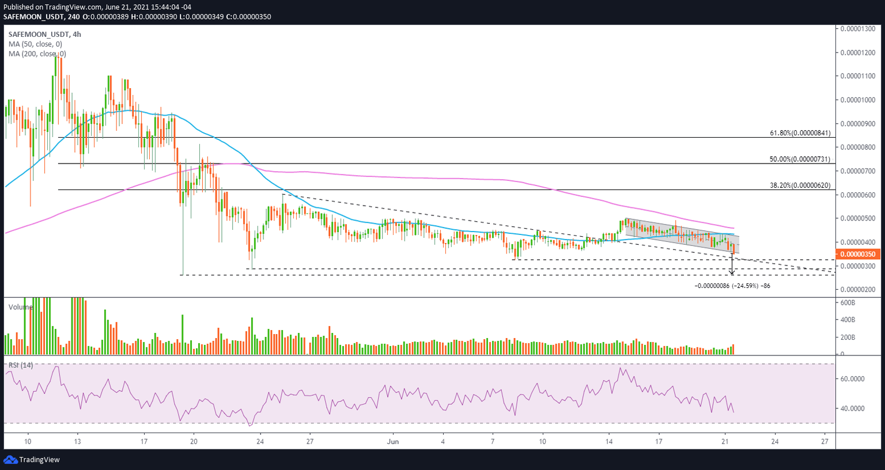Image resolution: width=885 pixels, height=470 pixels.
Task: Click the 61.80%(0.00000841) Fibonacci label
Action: pos(800,133)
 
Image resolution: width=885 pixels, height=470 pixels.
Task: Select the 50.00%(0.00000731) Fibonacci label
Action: pos(800,159)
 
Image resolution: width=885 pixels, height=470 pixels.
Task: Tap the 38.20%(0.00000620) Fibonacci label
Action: pos(800,185)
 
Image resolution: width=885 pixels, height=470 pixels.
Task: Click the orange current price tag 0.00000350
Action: pos(858,254)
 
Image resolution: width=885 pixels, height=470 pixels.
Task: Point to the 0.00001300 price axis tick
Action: pos(858,29)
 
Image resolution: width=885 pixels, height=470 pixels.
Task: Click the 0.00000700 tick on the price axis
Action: pos(858,171)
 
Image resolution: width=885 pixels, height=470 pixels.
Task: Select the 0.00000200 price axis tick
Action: pos(858,290)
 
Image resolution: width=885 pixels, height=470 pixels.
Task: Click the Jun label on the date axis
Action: pos(393,442)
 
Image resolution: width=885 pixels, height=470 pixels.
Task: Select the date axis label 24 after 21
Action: pos(775,442)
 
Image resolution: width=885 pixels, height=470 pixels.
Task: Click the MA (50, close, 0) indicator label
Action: pos(35,44)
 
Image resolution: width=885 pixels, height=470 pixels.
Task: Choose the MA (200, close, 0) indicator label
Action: pos(37,54)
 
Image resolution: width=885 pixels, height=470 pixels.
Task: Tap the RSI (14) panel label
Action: pos(20,365)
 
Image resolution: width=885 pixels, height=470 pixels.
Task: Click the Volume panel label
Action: pos(21,307)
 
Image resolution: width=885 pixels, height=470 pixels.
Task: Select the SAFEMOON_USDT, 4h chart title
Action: pos(44,35)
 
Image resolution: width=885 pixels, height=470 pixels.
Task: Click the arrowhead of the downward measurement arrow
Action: pos(732,272)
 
